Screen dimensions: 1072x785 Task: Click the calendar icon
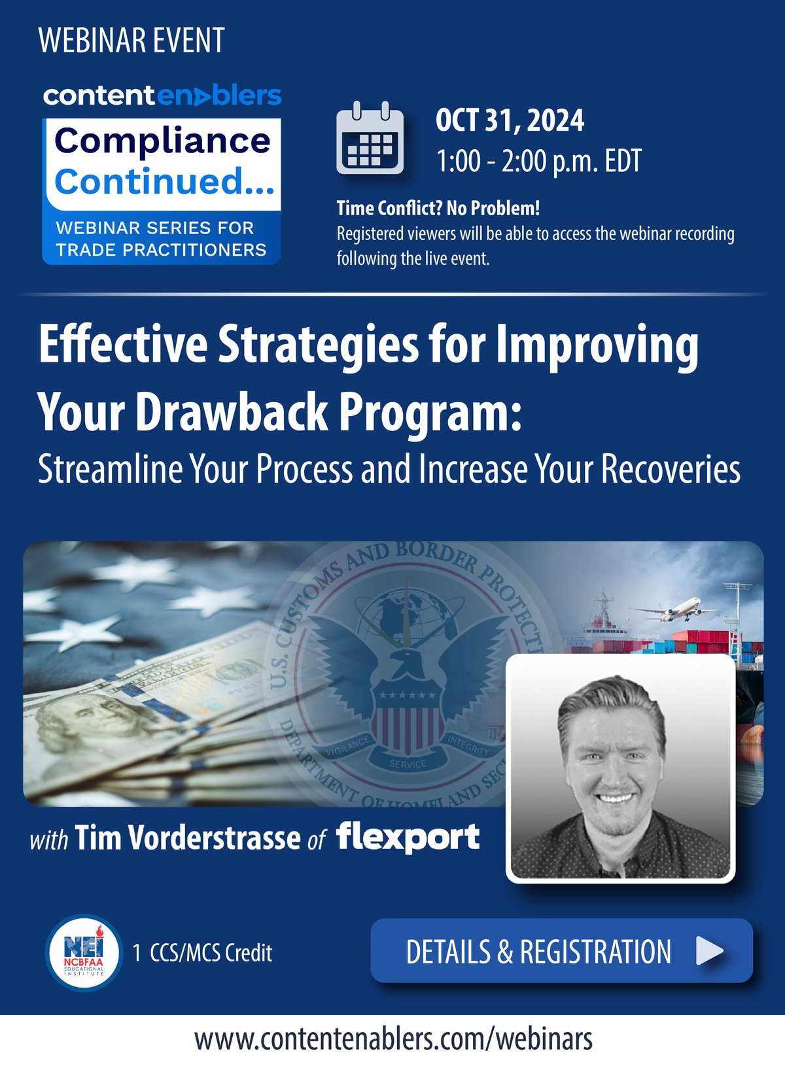click(x=370, y=139)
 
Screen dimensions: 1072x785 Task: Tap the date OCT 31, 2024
click(x=510, y=121)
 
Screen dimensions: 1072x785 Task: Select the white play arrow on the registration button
click(x=709, y=951)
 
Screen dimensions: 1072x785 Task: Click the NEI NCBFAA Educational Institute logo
click(x=84, y=952)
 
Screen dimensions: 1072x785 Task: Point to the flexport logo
click(x=408, y=837)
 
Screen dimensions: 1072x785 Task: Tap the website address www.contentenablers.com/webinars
click(x=393, y=1039)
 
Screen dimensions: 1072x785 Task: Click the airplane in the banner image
click(x=674, y=610)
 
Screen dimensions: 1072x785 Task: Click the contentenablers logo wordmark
click(x=162, y=96)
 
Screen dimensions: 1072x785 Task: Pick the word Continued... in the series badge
click(x=164, y=181)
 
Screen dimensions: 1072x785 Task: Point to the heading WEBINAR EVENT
click(x=131, y=41)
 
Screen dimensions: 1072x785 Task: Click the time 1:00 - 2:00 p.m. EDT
click(x=539, y=162)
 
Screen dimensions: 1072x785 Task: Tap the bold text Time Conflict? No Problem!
click(x=438, y=209)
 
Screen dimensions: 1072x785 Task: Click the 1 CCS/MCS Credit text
click(x=202, y=953)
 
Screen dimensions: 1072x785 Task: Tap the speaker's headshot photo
click(x=620, y=769)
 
